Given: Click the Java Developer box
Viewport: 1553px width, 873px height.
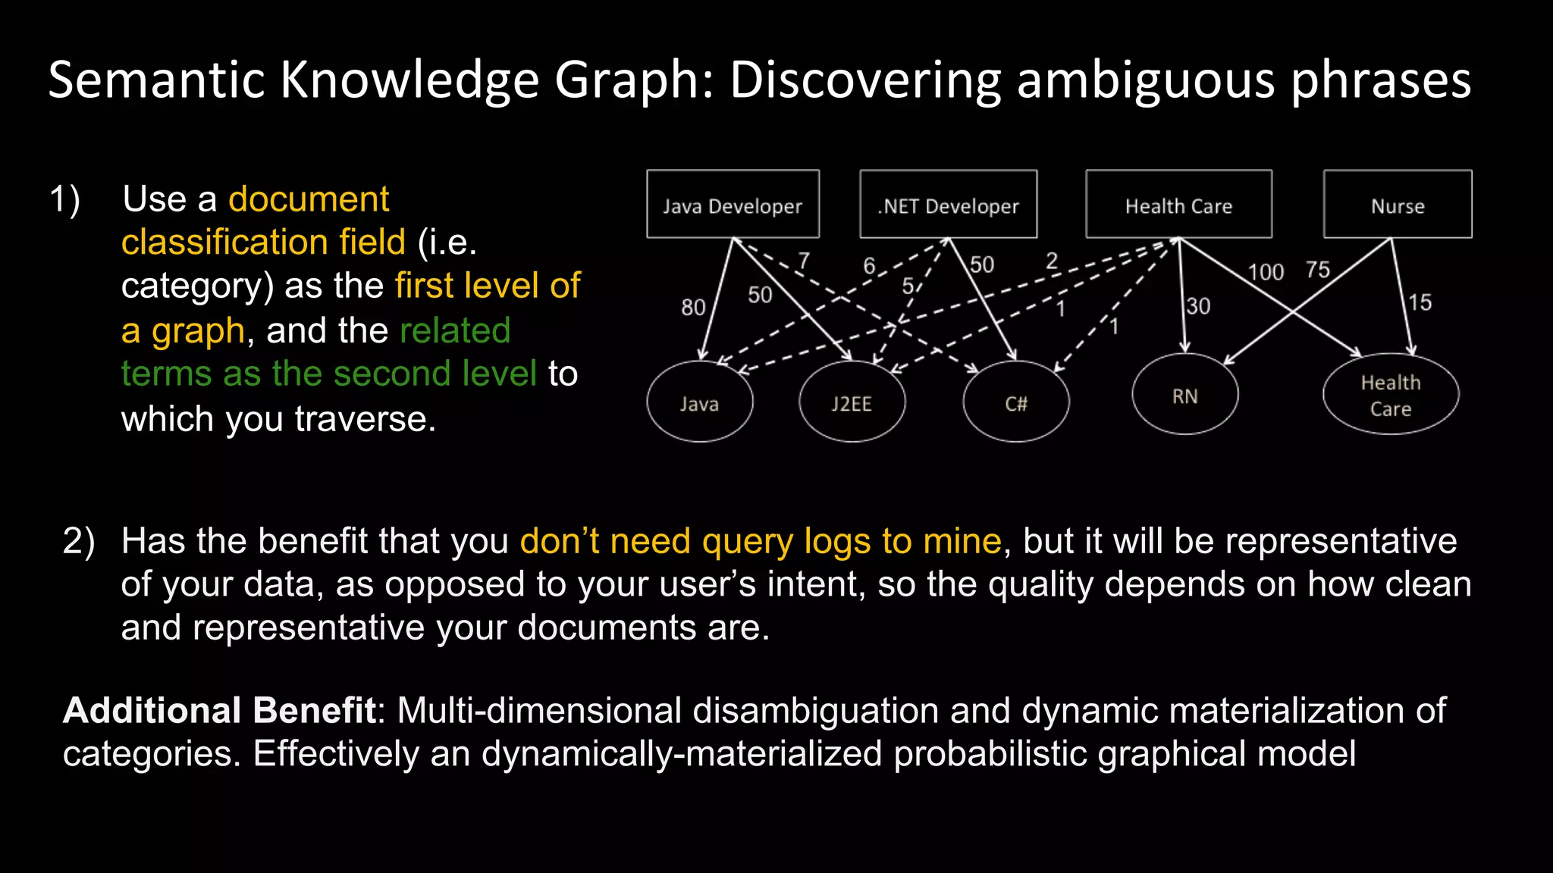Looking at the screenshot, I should coord(733,205).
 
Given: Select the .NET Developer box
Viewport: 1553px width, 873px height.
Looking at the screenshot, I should coord(948,205).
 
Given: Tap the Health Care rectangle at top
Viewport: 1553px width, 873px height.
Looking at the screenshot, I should coord(1178,205).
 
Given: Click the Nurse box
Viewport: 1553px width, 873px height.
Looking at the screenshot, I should coord(1398,205).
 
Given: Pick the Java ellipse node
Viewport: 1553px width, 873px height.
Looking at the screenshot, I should coord(699,402).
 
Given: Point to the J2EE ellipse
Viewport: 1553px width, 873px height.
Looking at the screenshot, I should coord(852,402).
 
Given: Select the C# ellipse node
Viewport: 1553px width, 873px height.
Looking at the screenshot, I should coord(1015,402).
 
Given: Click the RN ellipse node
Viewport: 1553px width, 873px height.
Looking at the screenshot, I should coord(1184,395).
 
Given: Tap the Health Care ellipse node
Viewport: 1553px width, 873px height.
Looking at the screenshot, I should coord(1390,395).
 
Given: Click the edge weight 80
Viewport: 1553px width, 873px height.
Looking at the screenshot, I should coord(693,307).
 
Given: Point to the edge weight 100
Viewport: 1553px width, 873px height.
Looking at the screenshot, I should coord(1266,272).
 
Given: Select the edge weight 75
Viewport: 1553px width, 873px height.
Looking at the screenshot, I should coord(1318,270).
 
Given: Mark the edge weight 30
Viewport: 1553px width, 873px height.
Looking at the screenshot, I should coord(1198,306).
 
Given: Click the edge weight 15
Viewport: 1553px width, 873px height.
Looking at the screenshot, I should coord(1420,303).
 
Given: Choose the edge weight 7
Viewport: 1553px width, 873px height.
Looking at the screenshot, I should coord(804,261).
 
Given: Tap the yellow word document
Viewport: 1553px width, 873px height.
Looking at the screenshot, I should coord(309,199).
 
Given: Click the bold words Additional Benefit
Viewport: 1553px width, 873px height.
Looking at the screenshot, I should coord(219,710).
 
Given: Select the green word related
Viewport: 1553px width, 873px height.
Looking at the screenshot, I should coord(455,330).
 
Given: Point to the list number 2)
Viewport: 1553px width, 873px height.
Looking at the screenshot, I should coord(79,541).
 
